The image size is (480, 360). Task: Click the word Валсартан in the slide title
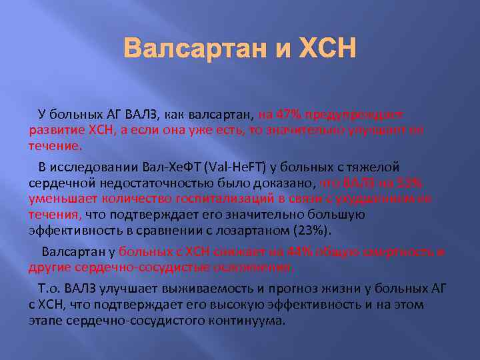tap(193, 49)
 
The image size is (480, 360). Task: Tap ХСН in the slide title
tap(325, 49)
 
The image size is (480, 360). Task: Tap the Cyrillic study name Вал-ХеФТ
tap(167, 166)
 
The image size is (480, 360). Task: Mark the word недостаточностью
tap(141, 182)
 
